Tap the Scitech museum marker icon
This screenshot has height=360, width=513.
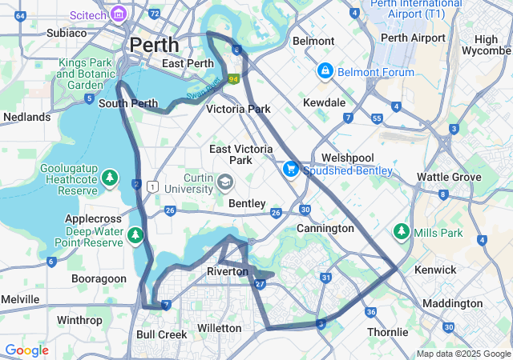point(119,14)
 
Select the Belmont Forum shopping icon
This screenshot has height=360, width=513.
point(325,72)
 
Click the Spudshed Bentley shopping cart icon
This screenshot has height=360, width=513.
point(290,170)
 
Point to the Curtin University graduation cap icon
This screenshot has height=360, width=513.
point(226,183)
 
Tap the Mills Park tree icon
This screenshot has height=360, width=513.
point(401,232)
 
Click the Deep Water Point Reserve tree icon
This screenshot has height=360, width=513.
point(135,234)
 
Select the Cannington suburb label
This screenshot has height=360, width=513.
point(325,228)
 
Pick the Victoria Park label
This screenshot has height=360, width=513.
point(238,109)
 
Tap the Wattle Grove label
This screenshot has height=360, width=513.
point(450,177)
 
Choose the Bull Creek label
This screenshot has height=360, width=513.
point(161,334)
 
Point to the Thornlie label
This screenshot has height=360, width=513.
point(388,332)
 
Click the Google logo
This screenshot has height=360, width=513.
point(26,350)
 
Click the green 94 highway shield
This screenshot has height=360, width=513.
point(233,79)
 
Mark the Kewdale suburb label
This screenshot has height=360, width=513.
point(324,102)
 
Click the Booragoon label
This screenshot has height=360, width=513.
point(99,278)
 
